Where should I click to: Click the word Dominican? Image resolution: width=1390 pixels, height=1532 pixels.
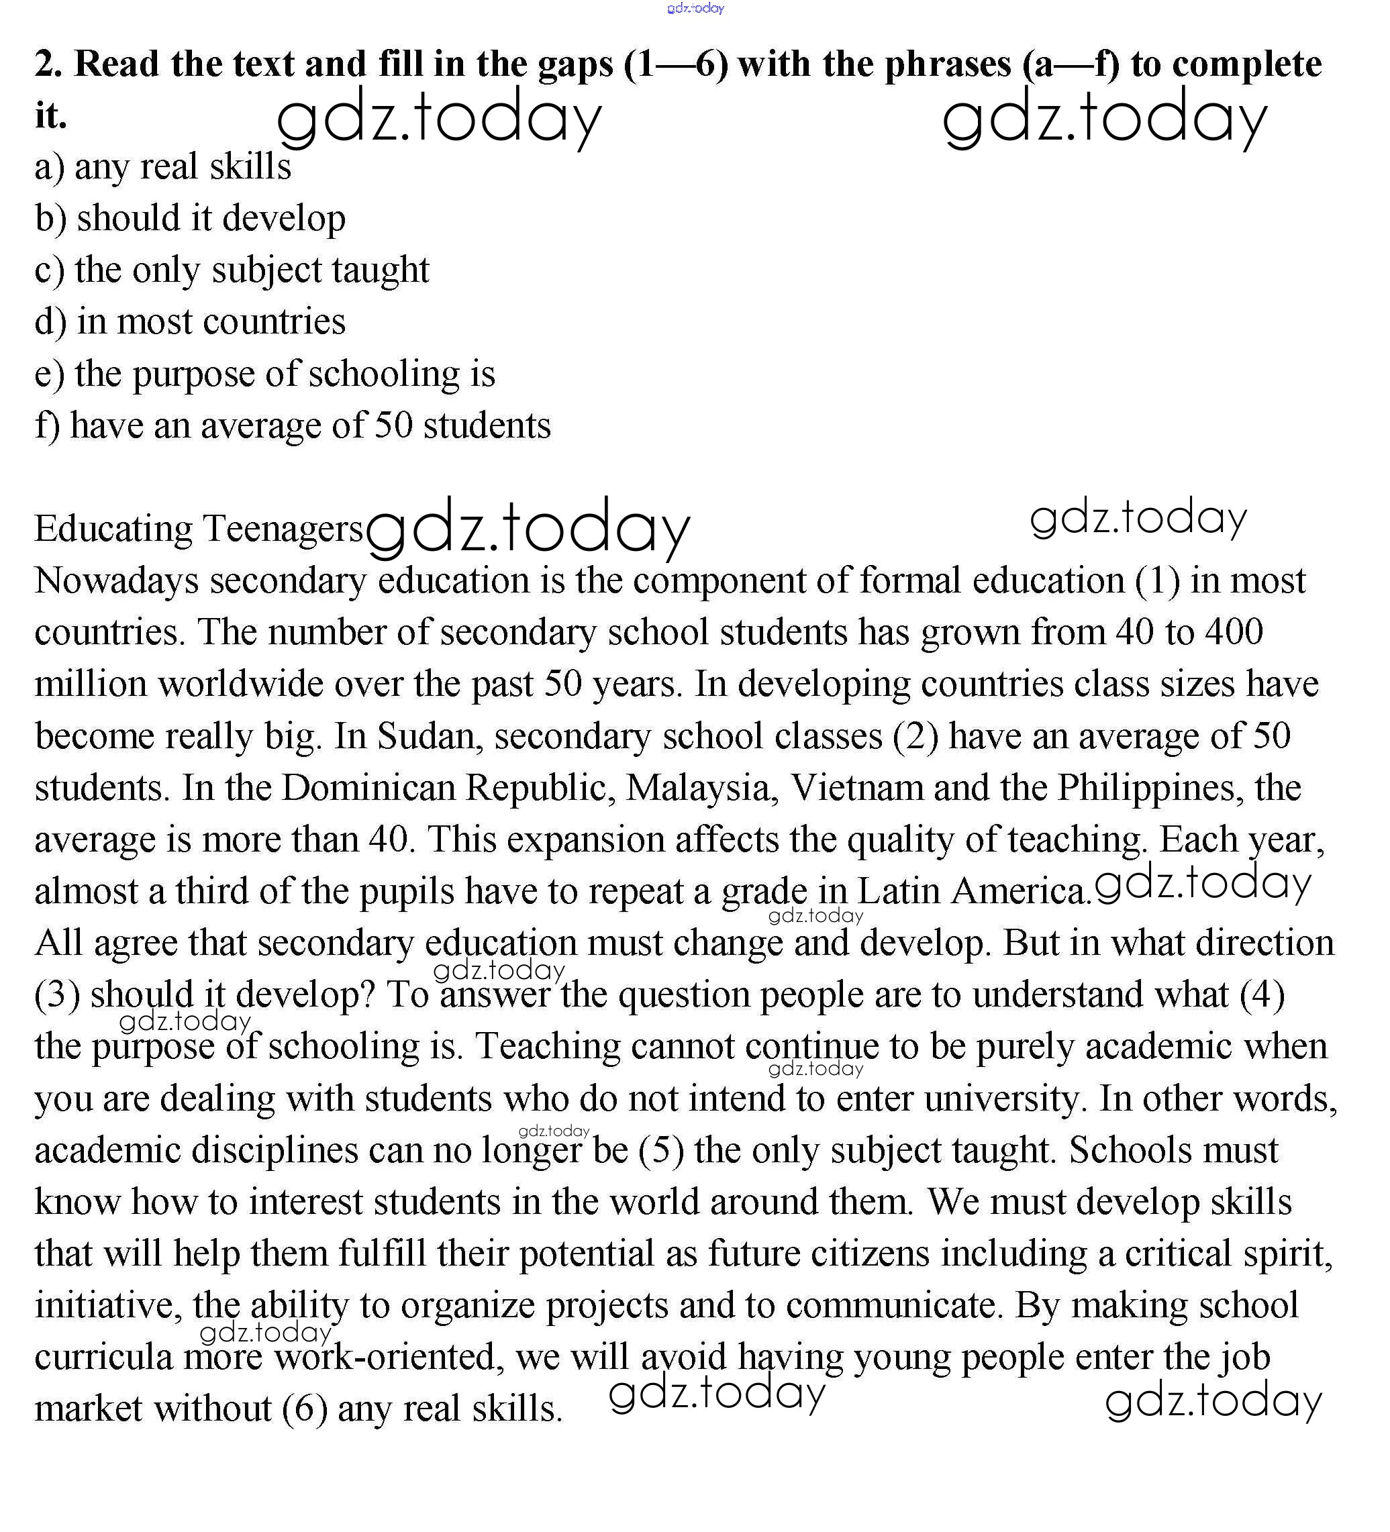(x=368, y=788)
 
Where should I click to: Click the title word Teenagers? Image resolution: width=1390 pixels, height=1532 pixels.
(x=283, y=529)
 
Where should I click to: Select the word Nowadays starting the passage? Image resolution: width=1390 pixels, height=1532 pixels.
(x=117, y=581)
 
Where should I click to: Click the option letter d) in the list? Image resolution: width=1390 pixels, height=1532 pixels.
(x=50, y=322)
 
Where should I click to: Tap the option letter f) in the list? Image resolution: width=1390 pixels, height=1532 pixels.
(x=47, y=425)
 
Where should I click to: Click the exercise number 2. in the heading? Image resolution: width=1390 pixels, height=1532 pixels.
(x=48, y=64)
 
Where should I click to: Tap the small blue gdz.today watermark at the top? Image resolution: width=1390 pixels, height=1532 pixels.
(x=695, y=8)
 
